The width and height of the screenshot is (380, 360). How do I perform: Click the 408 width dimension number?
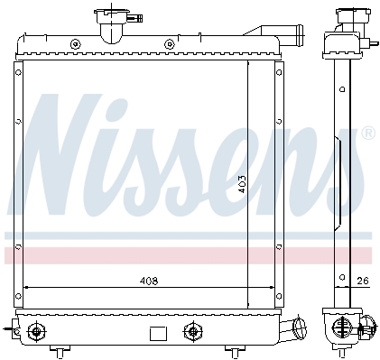[149, 282]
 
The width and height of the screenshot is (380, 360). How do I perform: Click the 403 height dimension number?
[242, 184]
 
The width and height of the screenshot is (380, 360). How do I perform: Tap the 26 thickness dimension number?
[363, 281]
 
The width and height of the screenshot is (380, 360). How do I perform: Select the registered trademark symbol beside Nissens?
[368, 134]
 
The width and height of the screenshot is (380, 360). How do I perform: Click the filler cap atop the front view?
[111, 14]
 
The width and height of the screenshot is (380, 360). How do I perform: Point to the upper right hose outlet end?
[300, 33]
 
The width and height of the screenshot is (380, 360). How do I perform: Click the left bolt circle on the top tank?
[76, 44]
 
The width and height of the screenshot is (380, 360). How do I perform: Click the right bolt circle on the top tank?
[170, 44]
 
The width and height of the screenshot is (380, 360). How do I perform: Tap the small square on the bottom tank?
[158, 334]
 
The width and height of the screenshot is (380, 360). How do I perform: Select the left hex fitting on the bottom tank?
[37, 332]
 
